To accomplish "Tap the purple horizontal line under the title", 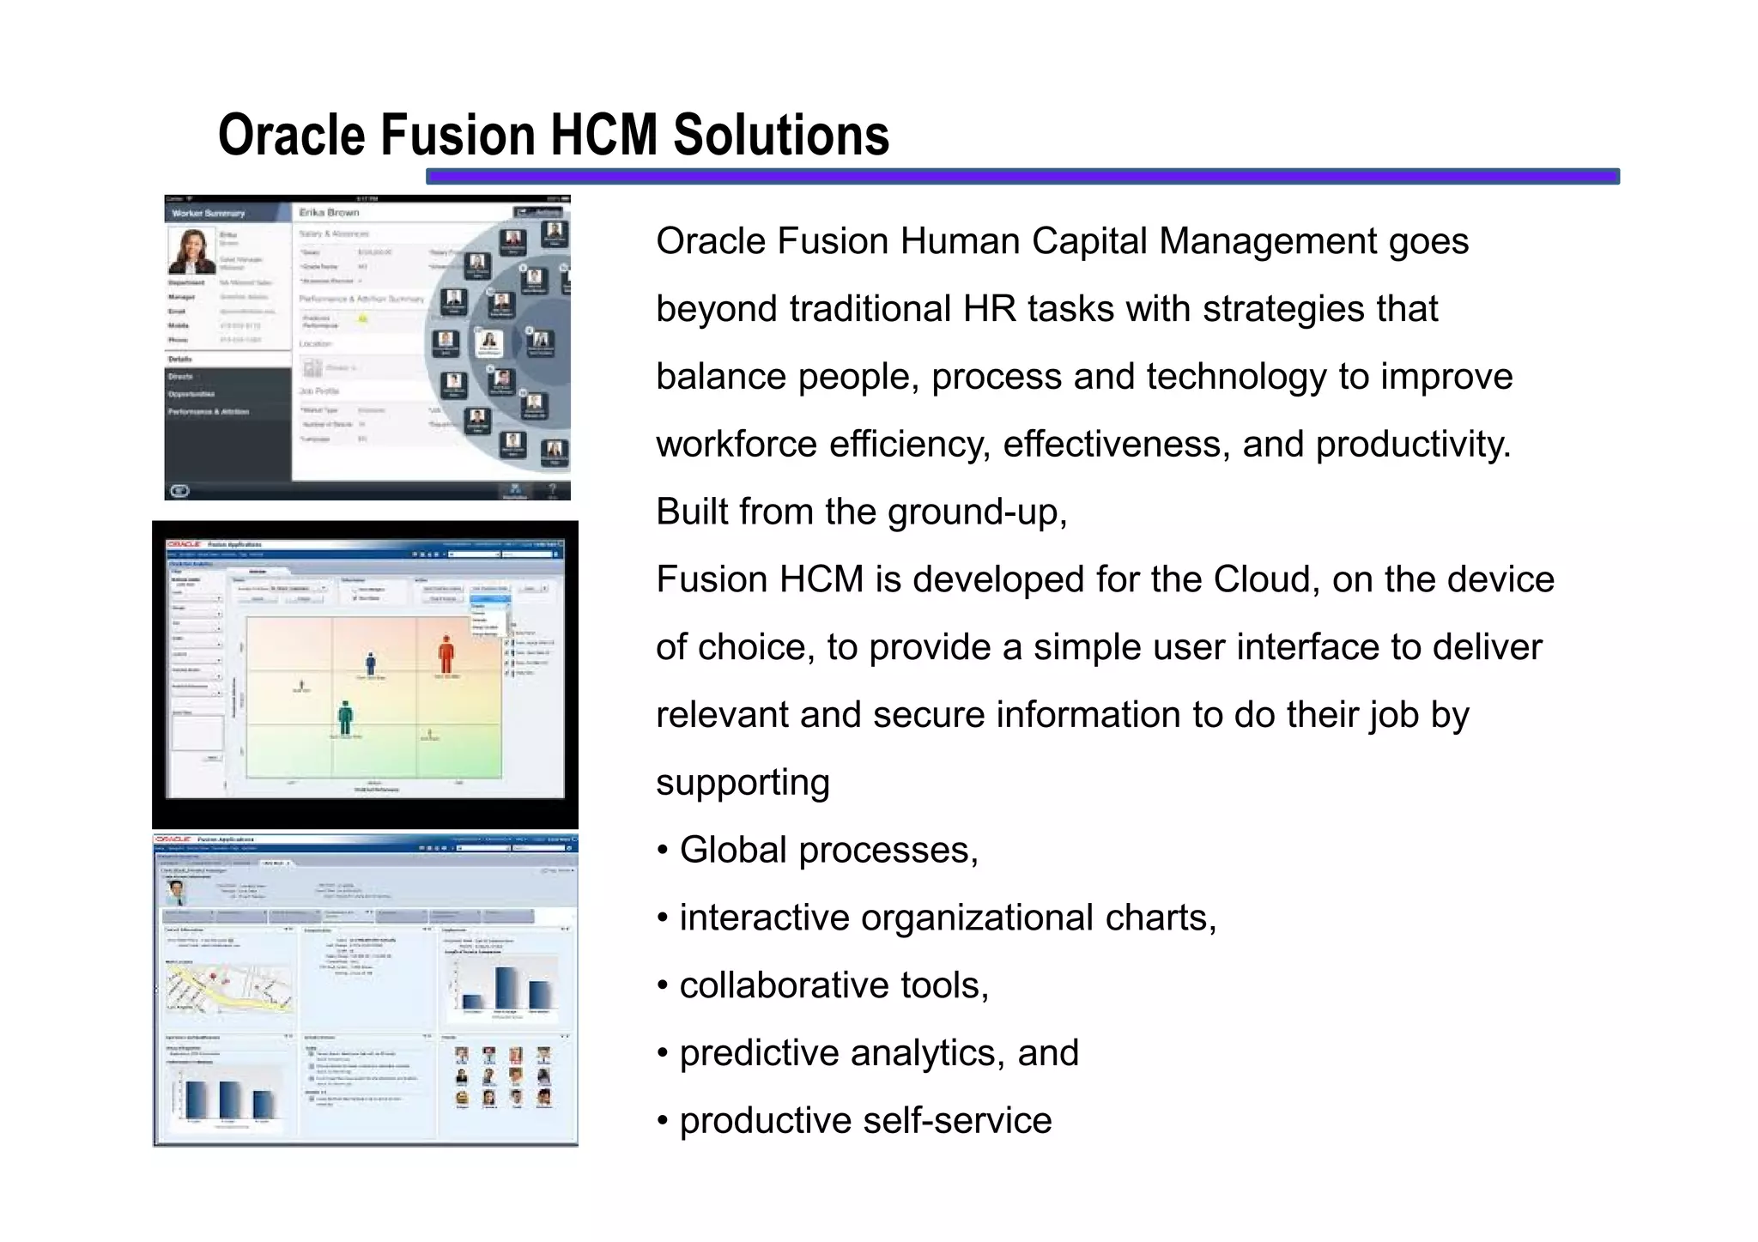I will click(x=1021, y=176).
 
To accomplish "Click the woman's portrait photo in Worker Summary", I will click(x=191, y=250).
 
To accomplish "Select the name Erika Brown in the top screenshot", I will click(x=329, y=212).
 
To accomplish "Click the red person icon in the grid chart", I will click(x=446, y=655).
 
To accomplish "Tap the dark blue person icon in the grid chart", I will click(x=371, y=663).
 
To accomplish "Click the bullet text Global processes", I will click(x=828, y=850).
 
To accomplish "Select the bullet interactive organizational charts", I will click(x=947, y=918).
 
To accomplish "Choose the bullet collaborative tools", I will click(x=834, y=985).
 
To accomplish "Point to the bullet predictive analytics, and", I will click(x=878, y=1052).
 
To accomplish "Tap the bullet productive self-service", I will click(x=864, y=1120).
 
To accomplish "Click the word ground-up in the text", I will click(x=976, y=512).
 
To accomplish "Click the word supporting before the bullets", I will click(x=743, y=783).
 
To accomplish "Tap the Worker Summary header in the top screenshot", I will click(x=208, y=213).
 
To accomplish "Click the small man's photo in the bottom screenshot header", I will click(x=176, y=892).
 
